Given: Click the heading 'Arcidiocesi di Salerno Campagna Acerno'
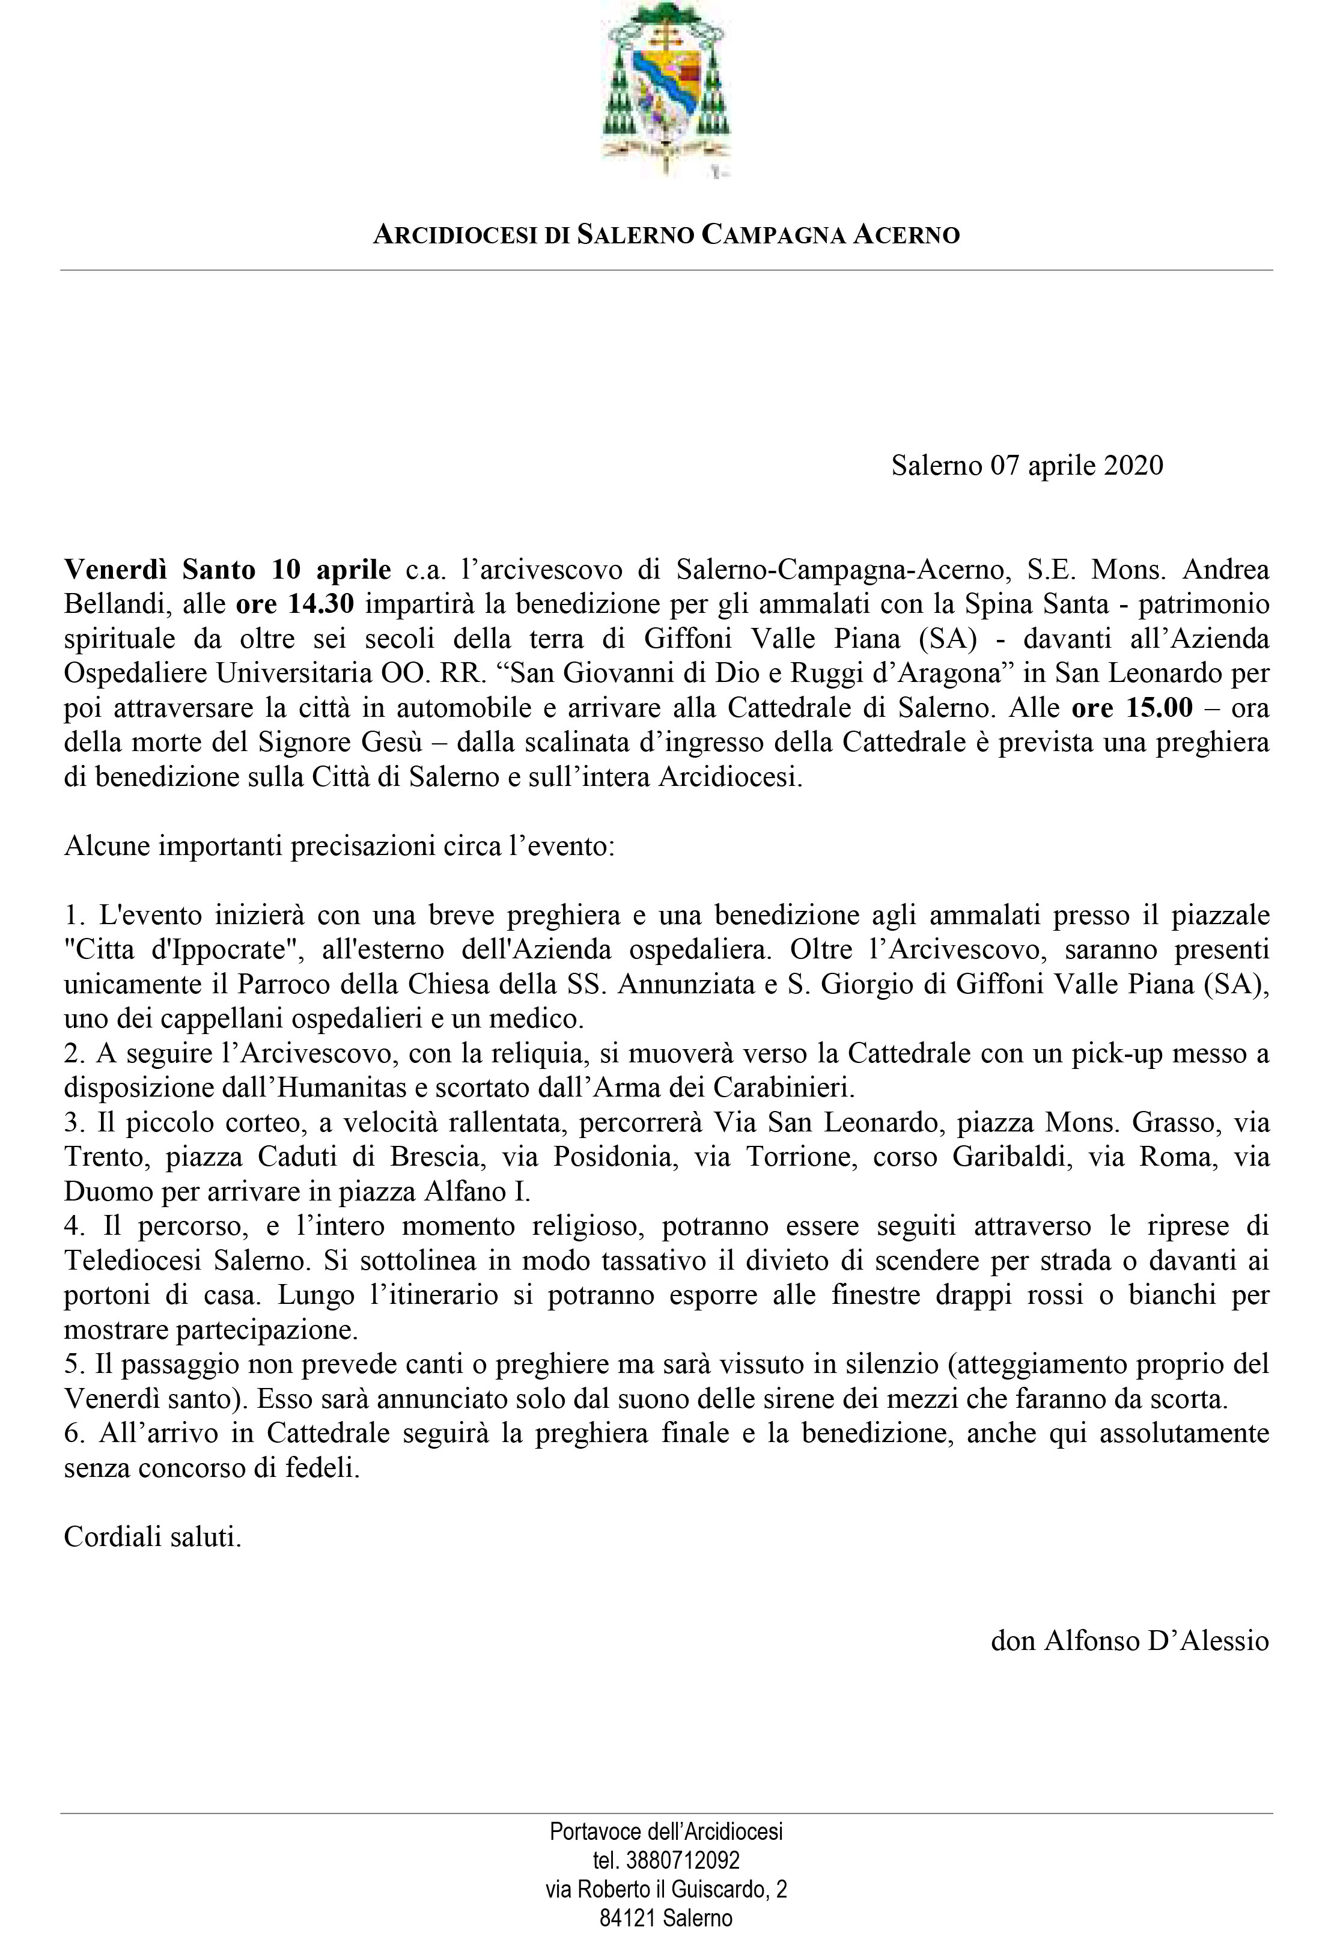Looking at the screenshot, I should [x=666, y=235].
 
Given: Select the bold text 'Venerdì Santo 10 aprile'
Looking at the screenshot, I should [x=227, y=570].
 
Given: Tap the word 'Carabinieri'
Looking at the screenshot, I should [x=784, y=1088].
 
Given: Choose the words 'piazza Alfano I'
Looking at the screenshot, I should [x=444, y=1191].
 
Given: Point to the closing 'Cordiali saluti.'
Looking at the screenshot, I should [x=152, y=1537].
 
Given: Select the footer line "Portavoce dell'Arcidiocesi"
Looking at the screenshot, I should [x=666, y=1830].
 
